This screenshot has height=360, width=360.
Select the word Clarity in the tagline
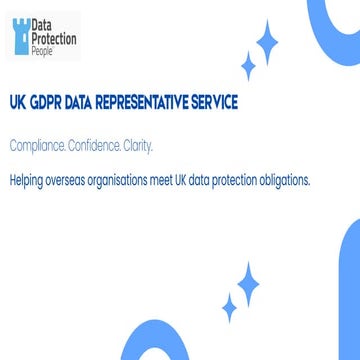139,146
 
